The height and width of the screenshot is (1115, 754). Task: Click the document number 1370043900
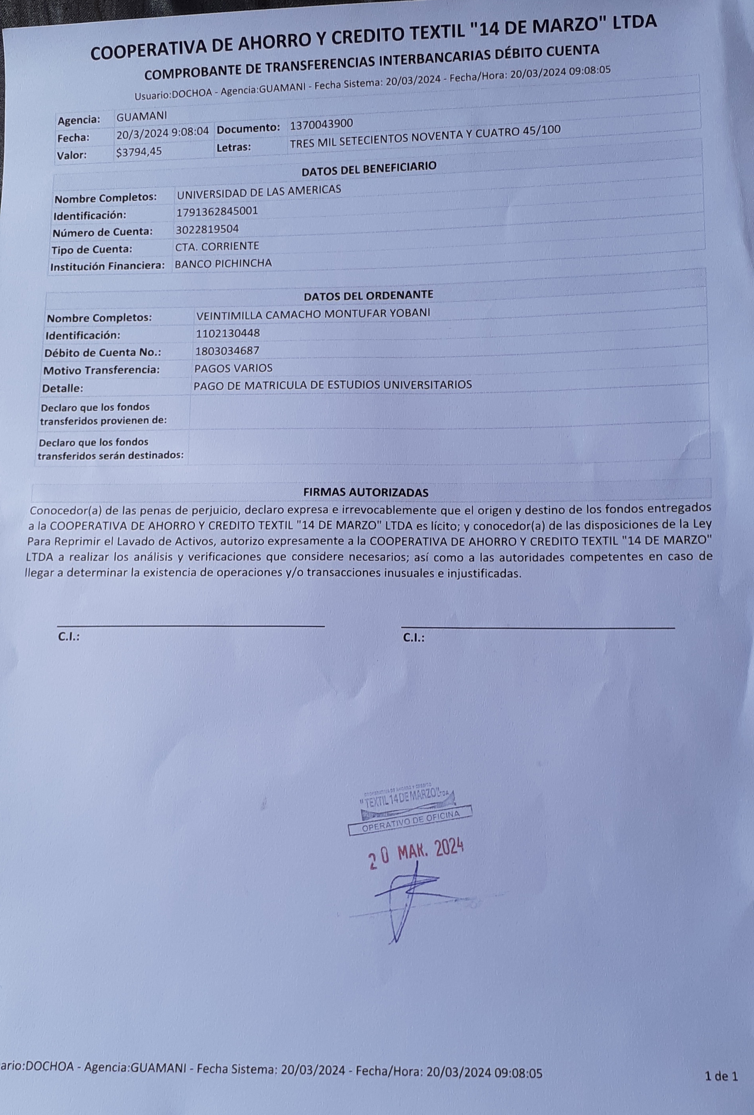[x=321, y=124]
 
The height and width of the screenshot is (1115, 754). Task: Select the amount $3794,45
[x=139, y=152]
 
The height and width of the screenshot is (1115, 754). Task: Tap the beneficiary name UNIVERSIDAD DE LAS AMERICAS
[x=259, y=191]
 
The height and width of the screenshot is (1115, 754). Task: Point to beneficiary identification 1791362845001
[x=217, y=211]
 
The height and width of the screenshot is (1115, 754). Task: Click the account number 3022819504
[x=207, y=229]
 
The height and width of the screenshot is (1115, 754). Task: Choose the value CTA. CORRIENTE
[x=217, y=246]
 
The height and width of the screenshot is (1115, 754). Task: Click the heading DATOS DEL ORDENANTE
[x=368, y=295]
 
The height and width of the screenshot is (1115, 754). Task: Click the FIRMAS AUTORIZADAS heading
[x=366, y=492]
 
